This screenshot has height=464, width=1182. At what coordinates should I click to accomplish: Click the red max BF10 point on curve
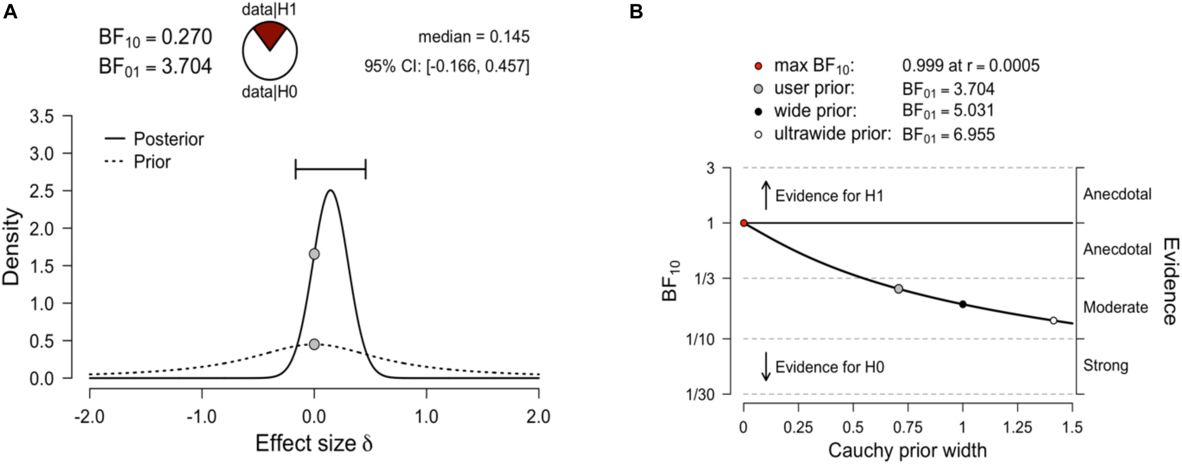pyautogui.click(x=744, y=223)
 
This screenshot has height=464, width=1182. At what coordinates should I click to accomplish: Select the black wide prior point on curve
pyautogui.click(x=963, y=304)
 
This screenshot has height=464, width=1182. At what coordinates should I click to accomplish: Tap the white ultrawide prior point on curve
pyautogui.click(x=1053, y=321)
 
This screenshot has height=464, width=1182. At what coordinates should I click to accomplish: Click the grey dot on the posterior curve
pyautogui.click(x=314, y=254)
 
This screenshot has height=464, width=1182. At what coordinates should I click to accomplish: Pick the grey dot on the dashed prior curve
pyautogui.click(x=314, y=344)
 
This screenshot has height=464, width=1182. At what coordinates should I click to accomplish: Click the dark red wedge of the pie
pyautogui.click(x=270, y=33)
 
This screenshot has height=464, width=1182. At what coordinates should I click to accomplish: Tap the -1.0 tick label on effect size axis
pyautogui.click(x=202, y=417)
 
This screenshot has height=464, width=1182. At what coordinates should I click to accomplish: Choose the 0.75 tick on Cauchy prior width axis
pyautogui.click(x=908, y=428)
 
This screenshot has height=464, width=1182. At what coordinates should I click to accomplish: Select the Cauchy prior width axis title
pyautogui.click(x=907, y=450)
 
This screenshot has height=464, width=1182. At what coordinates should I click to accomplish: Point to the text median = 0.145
pyautogui.click(x=474, y=37)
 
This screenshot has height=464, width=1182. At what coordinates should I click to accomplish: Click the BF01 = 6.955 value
pyautogui.click(x=948, y=135)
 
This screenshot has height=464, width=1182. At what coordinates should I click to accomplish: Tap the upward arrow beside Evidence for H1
pyautogui.click(x=766, y=195)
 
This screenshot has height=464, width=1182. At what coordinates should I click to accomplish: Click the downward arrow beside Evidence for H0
pyautogui.click(x=766, y=367)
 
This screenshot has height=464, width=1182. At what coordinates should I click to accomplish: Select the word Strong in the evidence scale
pyautogui.click(x=1105, y=366)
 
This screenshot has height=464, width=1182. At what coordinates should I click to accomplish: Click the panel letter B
pyautogui.click(x=636, y=11)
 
